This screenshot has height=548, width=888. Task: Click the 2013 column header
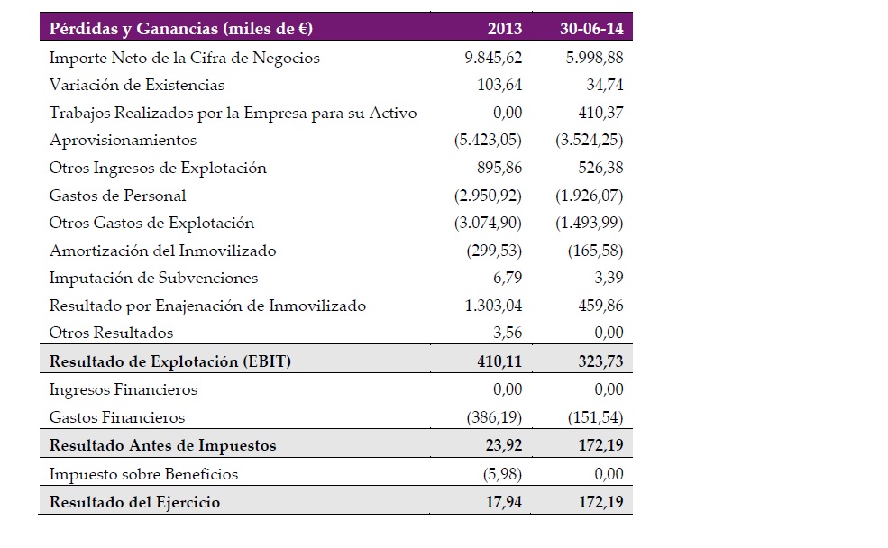(x=505, y=28)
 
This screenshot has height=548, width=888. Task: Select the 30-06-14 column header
(x=591, y=28)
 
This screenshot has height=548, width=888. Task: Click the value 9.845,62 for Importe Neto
(x=493, y=57)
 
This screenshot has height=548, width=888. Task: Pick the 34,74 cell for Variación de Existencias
(x=605, y=85)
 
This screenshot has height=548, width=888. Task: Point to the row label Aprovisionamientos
(x=123, y=141)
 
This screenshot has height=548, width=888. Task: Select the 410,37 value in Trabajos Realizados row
(x=601, y=113)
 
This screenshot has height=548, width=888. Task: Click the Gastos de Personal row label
(x=117, y=196)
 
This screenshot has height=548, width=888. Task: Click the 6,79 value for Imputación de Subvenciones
(x=508, y=278)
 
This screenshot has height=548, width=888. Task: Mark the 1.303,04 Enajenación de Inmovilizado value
(x=493, y=306)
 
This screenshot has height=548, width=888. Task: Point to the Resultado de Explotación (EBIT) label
(x=169, y=361)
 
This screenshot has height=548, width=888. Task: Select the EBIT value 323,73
(x=600, y=361)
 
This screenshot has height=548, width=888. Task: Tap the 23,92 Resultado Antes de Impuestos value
(x=503, y=445)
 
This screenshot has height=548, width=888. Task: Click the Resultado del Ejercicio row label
(x=135, y=502)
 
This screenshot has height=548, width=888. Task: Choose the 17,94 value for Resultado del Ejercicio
(x=503, y=502)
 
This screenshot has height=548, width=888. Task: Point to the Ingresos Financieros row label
(x=124, y=389)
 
